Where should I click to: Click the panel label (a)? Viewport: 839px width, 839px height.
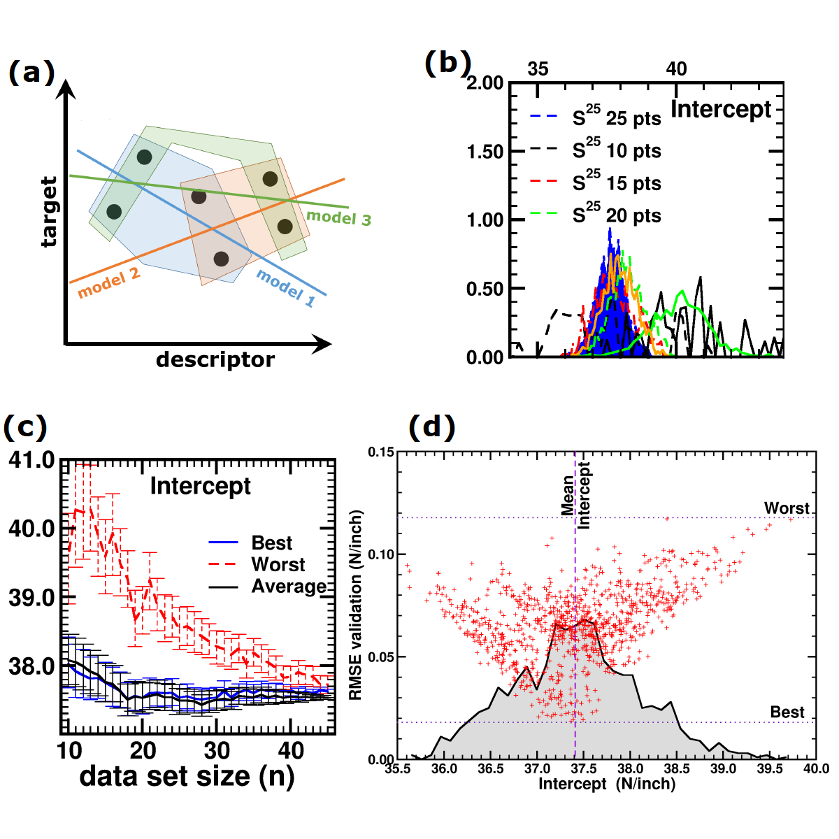coord(31,72)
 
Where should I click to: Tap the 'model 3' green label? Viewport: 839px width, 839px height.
coord(339,217)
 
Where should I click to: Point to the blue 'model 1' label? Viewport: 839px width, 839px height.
coord(286,287)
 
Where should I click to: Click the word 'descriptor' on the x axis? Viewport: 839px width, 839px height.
coord(215,360)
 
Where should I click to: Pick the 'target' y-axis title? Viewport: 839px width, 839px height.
coord(48,212)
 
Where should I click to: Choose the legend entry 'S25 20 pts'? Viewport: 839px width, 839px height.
coord(616,215)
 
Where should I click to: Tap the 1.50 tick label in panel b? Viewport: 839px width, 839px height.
coord(485,152)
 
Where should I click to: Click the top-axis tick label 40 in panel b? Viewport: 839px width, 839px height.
coord(676,69)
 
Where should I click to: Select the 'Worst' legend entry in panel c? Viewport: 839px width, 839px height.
coord(278,565)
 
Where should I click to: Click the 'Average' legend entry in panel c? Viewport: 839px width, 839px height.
coord(289,587)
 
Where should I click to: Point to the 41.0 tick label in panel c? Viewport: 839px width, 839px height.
coord(31,460)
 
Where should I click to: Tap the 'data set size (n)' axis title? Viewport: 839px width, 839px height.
coord(187,776)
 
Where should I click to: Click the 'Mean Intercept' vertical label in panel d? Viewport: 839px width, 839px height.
coord(576,495)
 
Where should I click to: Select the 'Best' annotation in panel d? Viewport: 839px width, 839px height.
coord(787,712)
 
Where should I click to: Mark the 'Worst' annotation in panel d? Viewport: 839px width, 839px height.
coord(787,508)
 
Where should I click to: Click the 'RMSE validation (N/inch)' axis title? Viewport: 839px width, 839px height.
coord(356,605)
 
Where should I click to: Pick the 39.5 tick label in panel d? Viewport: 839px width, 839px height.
coord(770,769)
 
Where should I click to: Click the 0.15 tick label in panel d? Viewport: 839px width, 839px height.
coord(382,452)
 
